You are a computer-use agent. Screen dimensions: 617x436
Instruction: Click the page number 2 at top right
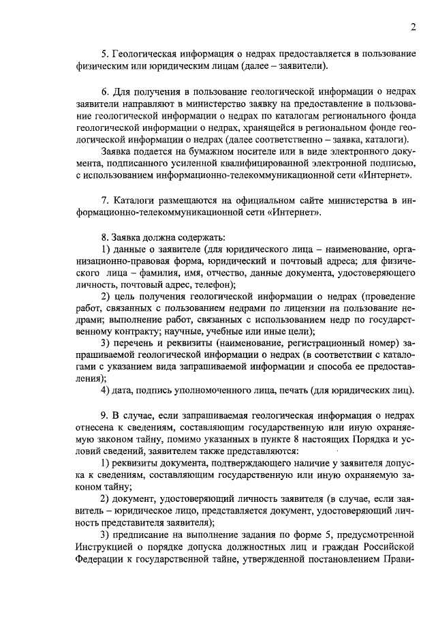pyautogui.click(x=413, y=27)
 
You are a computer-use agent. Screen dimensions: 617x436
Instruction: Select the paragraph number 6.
pyautogui.click(x=104, y=91)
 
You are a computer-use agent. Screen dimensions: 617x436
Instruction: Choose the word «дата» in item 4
pyautogui.click(x=125, y=390)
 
